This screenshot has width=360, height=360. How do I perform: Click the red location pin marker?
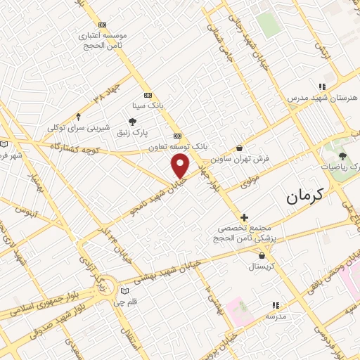pyautogui.click(x=181, y=166)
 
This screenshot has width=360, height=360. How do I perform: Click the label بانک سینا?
pyautogui.click(x=148, y=106)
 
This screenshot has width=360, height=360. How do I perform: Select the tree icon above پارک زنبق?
pyautogui.click(x=133, y=122)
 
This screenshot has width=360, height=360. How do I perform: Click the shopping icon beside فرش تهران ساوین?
pyautogui.click(x=241, y=148)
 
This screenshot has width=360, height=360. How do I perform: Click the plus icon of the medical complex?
pyautogui.click(x=244, y=218)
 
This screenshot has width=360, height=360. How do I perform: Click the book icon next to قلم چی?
pyautogui.click(x=124, y=290)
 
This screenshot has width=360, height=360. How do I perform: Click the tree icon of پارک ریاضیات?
pyautogui.click(x=342, y=156)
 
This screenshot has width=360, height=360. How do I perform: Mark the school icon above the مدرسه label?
pyautogui.click(x=275, y=305)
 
